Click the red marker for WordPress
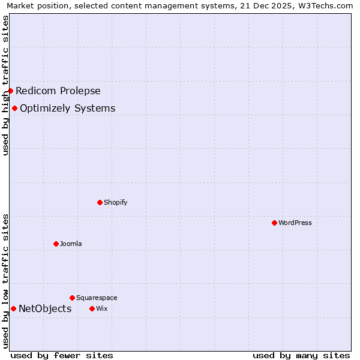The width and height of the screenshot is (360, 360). click(x=274, y=223)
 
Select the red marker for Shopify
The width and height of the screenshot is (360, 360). click(x=100, y=202)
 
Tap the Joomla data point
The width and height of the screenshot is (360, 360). click(x=56, y=244)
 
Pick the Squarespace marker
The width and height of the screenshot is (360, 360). click(x=72, y=298)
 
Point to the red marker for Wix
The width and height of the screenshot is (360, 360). click(x=92, y=308)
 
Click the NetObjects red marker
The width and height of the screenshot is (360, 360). click(x=13, y=308)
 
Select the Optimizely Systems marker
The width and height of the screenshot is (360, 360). click(x=14, y=108)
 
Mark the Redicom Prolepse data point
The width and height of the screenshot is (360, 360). click(x=10, y=91)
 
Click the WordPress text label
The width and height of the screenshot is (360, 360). click(x=295, y=223)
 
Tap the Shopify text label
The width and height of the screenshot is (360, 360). click(x=116, y=202)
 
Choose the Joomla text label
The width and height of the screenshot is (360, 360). click(x=71, y=244)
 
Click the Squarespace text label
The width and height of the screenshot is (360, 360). click(x=97, y=298)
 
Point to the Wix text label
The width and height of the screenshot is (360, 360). click(x=101, y=308)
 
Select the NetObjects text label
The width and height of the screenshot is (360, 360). click(x=45, y=309)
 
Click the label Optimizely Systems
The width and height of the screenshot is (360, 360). click(x=68, y=109)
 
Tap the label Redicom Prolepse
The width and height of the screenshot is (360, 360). click(x=58, y=91)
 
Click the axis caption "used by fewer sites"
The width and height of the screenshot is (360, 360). click(x=62, y=355)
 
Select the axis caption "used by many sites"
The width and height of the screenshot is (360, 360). click(x=301, y=355)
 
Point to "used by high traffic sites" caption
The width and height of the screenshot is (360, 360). click(x=5, y=85)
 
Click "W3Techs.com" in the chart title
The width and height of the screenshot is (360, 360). click(x=328, y=5)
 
